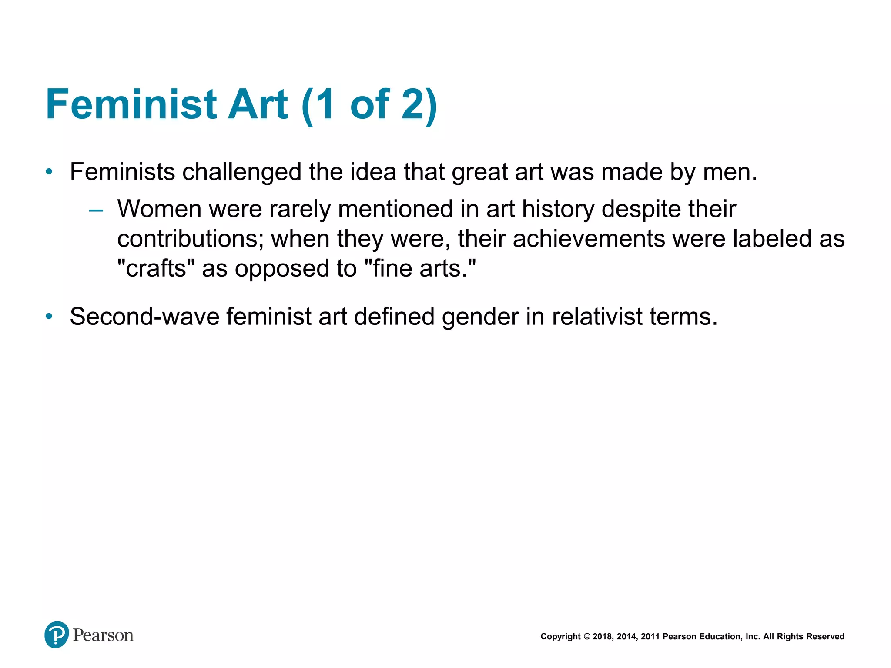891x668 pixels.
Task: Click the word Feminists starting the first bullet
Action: (122, 172)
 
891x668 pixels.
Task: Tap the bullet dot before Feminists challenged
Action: (49, 172)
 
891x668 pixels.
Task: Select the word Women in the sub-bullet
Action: (159, 209)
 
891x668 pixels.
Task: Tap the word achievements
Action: (589, 239)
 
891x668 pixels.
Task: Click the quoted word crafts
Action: (156, 268)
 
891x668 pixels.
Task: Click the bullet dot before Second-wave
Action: (49, 317)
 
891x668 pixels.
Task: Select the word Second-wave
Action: (144, 317)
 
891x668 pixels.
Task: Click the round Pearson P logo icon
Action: (57, 635)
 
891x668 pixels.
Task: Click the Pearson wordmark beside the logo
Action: (103, 635)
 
